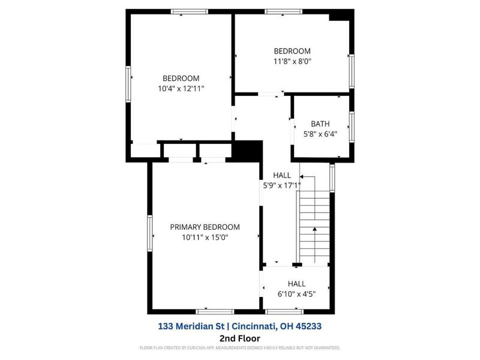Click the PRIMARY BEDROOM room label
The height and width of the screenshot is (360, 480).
point(205,227)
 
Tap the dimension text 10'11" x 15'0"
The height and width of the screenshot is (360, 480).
point(205,238)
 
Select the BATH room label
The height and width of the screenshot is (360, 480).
point(320,124)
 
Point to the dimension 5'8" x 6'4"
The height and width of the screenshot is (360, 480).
point(320,134)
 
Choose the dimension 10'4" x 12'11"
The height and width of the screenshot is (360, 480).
point(181,89)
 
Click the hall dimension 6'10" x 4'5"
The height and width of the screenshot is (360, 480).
point(296,294)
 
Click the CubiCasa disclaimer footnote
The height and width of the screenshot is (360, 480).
point(240,348)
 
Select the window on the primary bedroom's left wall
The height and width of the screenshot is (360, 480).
point(151,232)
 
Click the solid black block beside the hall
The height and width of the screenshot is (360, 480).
point(247,151)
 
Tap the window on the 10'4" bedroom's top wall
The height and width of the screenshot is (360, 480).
point(189,11)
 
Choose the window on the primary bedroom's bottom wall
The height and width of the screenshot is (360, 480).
point(215,311)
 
